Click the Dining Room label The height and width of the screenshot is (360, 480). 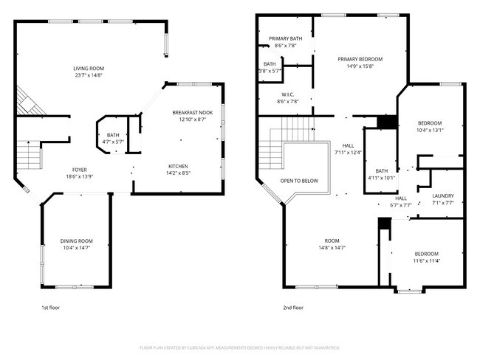(x=76, y=240)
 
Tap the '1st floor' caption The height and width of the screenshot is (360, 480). (x=50, y=308)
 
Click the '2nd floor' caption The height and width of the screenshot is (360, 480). (x=293, y=308)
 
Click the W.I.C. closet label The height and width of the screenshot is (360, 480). (x=288, y=94)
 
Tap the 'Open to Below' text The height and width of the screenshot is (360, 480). (x=300, y=180)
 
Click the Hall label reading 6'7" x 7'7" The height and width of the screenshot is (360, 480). (x=401, y=205)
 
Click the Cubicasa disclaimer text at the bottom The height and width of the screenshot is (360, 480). (x=239, y=347)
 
